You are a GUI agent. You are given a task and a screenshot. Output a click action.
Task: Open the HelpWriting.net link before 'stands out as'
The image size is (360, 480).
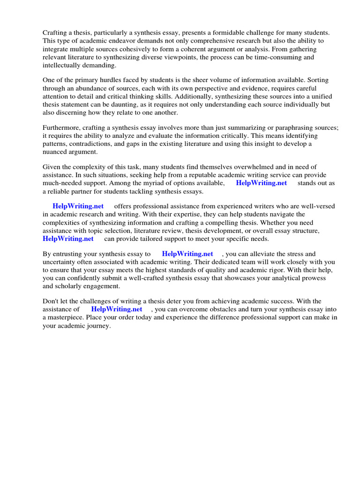click(x=262, y=183)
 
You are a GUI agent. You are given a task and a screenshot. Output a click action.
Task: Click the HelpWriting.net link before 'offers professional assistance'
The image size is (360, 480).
click(x=78, y=206)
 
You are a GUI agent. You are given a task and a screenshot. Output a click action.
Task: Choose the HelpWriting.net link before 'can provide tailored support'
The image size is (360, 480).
click(x=68, y=239)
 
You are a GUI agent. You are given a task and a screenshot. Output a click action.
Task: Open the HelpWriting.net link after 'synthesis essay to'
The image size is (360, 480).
click(x=187, y=254)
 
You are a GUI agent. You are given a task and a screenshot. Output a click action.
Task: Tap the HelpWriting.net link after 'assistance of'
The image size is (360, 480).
click(x=117, y=309)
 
